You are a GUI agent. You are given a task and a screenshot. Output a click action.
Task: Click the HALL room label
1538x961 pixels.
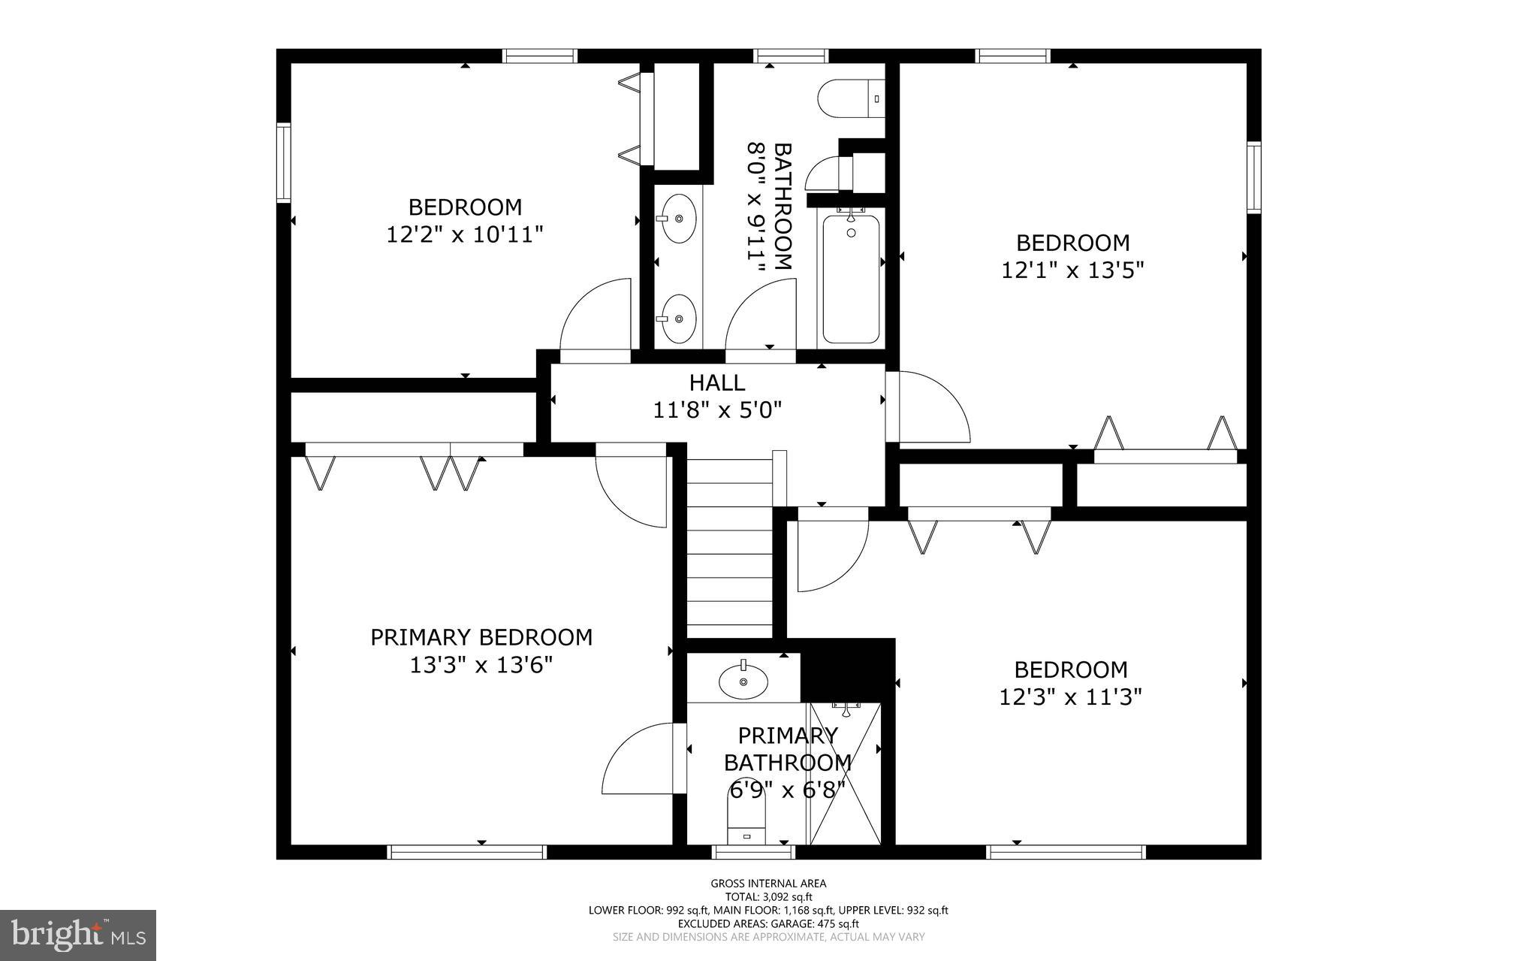[x=717, y=383]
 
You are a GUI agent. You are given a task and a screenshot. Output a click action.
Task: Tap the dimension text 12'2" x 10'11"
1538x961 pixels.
[x=464, y=235]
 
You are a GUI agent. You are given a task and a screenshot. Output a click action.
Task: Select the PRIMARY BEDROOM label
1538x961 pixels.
[x=481, y=637]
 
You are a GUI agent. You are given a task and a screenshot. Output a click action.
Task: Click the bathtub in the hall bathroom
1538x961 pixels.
[x=851, y=279]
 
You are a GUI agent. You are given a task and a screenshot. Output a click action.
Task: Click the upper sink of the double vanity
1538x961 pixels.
[x=678, y=219]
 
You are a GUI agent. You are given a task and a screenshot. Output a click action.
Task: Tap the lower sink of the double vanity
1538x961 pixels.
[x=678, y=319]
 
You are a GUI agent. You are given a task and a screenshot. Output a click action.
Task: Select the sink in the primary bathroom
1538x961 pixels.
[x=743, y=681]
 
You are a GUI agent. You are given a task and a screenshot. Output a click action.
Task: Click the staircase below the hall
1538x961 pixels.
[x=730, y=548]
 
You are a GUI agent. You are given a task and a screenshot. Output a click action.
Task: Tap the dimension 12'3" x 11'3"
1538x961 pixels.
[x=1070, y=697]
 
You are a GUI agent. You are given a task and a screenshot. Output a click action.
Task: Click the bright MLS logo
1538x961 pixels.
[x=78, y=934]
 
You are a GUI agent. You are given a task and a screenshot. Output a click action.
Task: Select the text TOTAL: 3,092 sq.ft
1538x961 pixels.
[x=768, y=896]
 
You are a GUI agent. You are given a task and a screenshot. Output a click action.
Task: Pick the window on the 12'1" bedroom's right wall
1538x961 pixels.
[x=1254, y=177]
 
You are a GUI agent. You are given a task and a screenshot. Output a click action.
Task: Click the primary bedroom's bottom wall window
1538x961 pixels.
[x=466, y=851]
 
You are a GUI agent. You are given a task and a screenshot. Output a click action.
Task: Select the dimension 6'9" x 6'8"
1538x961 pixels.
[x=787, y=790]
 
